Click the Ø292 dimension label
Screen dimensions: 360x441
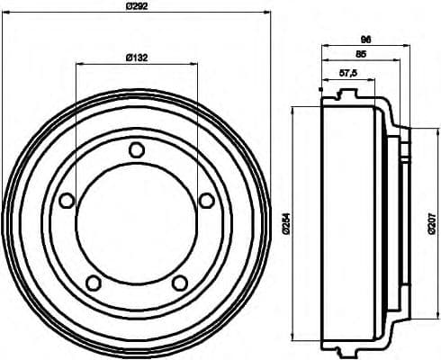138,5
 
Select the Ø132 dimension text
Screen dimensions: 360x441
137,57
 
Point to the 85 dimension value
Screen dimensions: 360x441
361,53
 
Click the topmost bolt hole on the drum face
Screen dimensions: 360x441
136,149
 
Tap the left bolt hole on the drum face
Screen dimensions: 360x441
66,201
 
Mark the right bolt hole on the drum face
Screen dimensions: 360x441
206,200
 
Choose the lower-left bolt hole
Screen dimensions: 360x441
93,283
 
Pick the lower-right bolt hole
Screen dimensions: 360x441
179,283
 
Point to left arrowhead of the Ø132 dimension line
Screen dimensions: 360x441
79,64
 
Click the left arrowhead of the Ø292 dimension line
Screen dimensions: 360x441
5,12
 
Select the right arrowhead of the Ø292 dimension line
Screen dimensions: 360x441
267,12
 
